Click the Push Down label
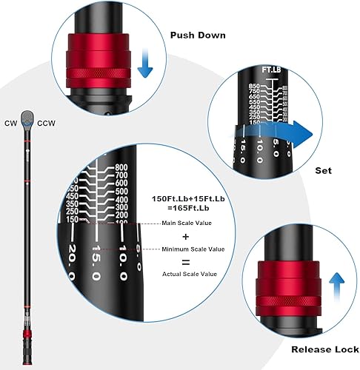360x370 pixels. pyautogui.click(x=199, y=35)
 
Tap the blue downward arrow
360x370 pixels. pyautogui.click(x=145, y=62)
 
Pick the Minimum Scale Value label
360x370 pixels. pyautogui.click(x=190, y=249)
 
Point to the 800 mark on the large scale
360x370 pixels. pyautogui.click(x=121, y=167)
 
